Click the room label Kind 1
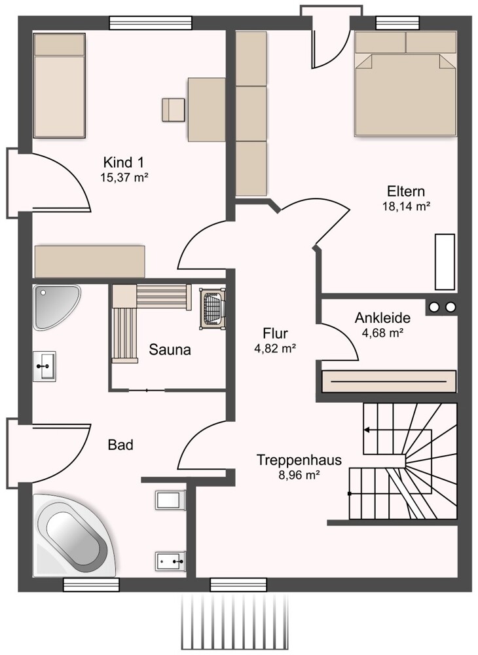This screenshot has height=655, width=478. (x=124, y=162)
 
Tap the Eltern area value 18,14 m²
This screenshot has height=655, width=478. (x=406, y=206)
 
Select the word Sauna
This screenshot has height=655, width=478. (x=170, y=350)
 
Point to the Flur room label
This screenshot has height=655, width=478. (x=275, y=333)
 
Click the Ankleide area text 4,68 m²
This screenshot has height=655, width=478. (x=382, y=333)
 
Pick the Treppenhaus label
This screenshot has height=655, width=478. (x=299, y=460)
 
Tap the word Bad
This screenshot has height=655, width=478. (x=120, y=445)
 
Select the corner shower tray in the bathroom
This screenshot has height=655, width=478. (x=56, y=307)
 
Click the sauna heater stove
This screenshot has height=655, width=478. (x=213, y=309)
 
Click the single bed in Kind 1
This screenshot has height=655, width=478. (x=60, y=86)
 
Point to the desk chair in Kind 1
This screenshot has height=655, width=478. (x=174, y=110)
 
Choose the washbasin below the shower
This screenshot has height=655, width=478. (x=45, y=366)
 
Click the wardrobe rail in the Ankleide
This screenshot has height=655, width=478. (x=388, y=381)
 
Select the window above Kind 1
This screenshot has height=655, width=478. (x=151, y=22)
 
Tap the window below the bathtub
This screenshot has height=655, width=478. (x=91, y=585)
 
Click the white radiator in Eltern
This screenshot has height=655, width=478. (x=445, y=262)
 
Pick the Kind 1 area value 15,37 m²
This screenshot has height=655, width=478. (x=124, y=177)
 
